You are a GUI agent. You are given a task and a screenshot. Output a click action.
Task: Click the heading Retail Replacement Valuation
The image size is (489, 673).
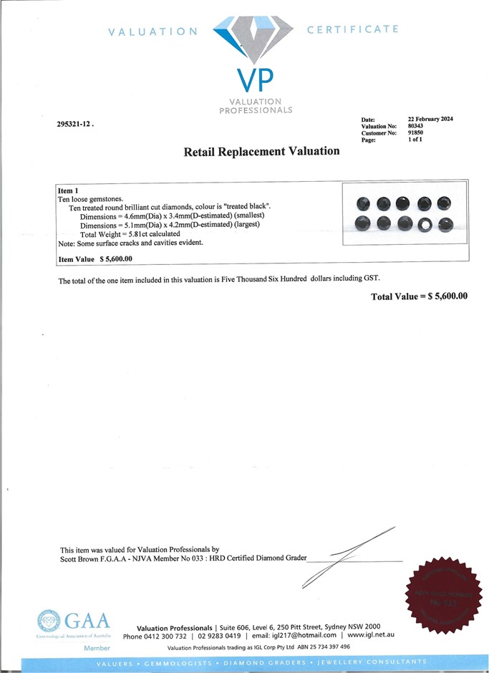[x=261, y=151]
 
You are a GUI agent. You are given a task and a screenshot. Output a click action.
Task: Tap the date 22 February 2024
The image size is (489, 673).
[x=430, y=119]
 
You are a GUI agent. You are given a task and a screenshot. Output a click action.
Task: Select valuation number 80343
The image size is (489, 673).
[x=416, y=126]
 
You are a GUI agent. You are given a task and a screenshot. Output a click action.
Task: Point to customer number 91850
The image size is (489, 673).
[x=416, y=133]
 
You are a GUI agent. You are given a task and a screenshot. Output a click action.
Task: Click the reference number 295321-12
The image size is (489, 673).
[x=74, y=124]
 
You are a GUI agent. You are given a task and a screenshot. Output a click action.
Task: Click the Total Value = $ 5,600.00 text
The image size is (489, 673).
[x=419, y=296]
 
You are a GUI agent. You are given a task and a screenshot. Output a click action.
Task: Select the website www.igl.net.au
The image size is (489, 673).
[x=371, y=636]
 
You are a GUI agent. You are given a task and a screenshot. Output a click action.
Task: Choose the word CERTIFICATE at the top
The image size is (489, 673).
[x=352, y=29]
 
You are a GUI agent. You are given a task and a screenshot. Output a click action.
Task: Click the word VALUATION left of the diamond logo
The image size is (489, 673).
[x=152, y=32]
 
